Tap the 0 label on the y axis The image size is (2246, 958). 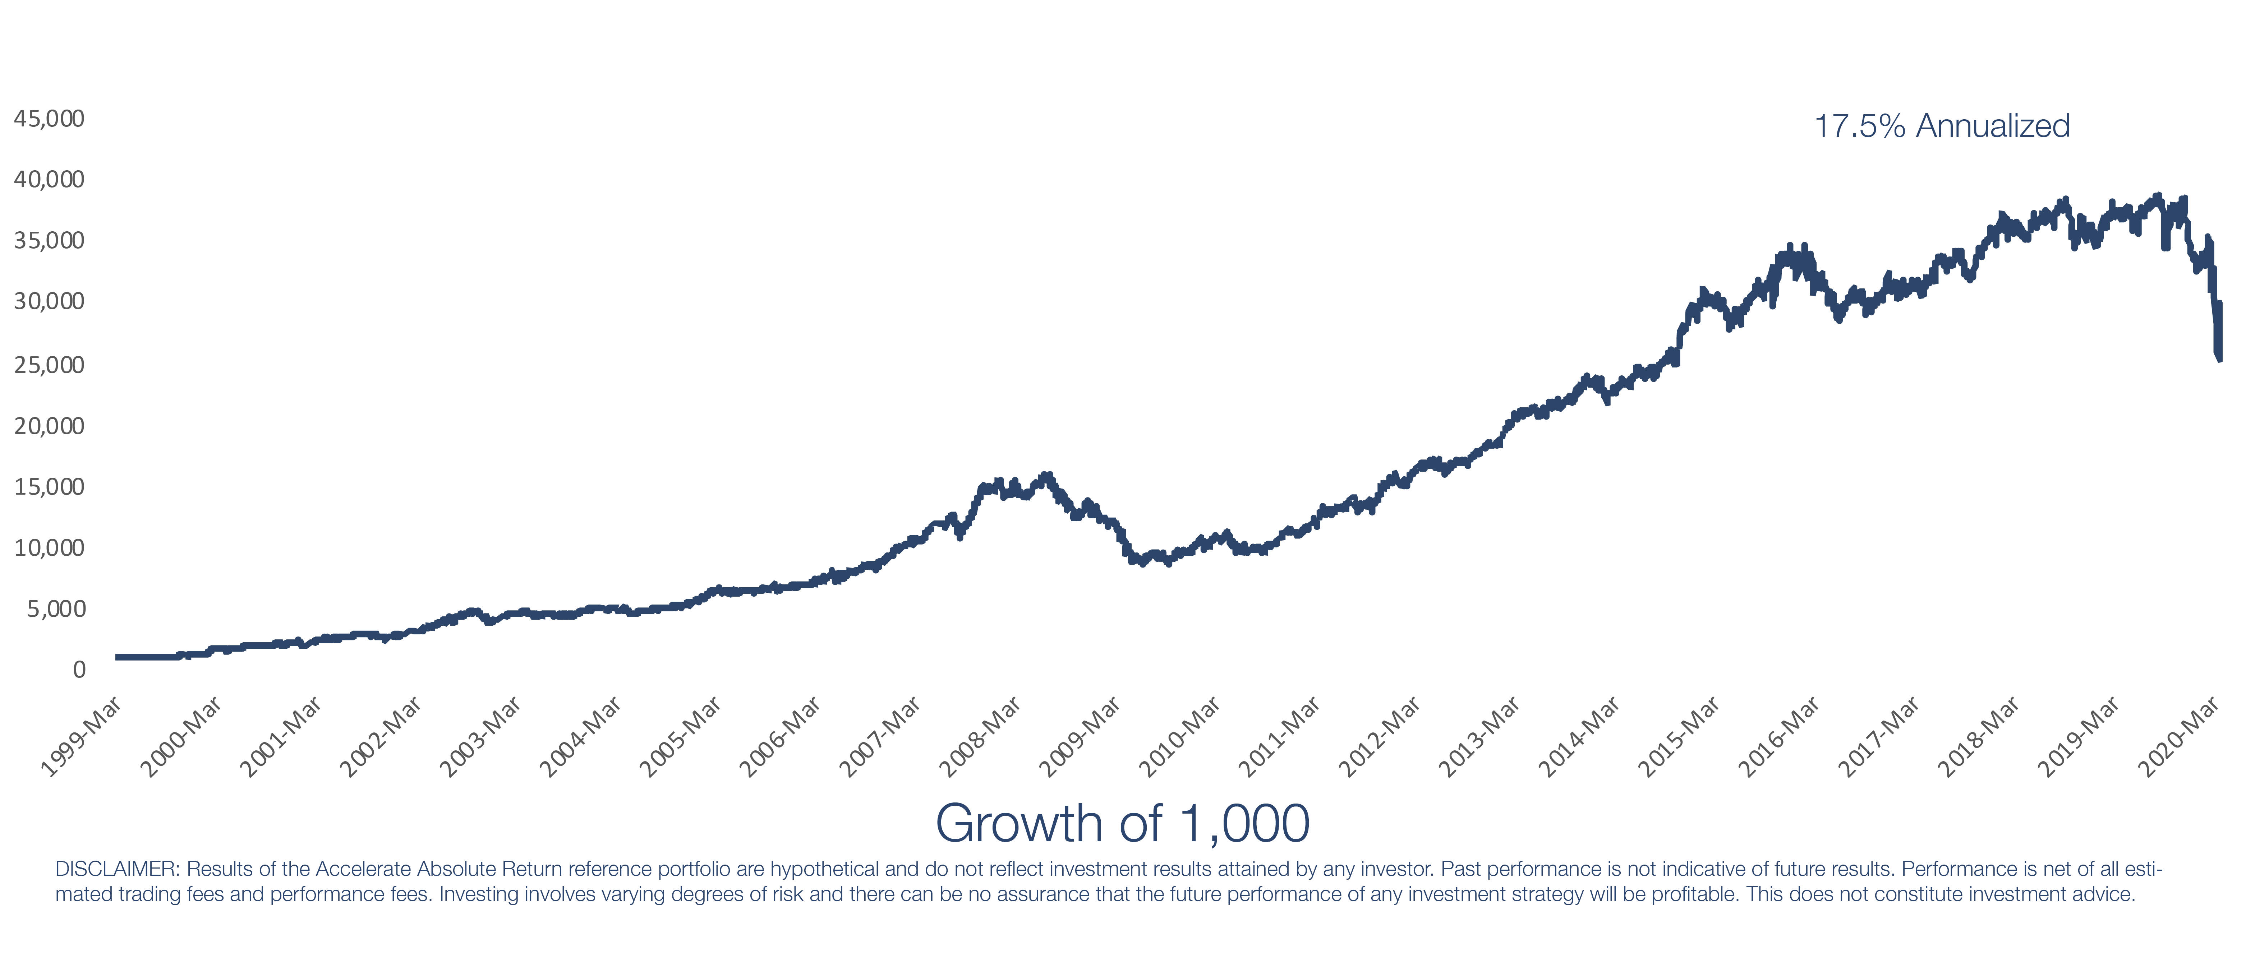click(x=78, y=670)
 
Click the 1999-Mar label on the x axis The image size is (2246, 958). click(x=81, y=737)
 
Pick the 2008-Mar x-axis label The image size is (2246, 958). click(x=980, y=737)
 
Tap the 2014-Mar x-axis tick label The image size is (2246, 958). click(x=1579, y=737)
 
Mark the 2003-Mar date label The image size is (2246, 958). click(x=480, y=737)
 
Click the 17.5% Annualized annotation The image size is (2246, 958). click(x=1942, y=126)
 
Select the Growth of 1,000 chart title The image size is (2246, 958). click(x=1122, y=823)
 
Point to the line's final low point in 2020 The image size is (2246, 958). click(x=2219, y=357)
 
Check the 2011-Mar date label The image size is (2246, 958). click(x=1279, y=737)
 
